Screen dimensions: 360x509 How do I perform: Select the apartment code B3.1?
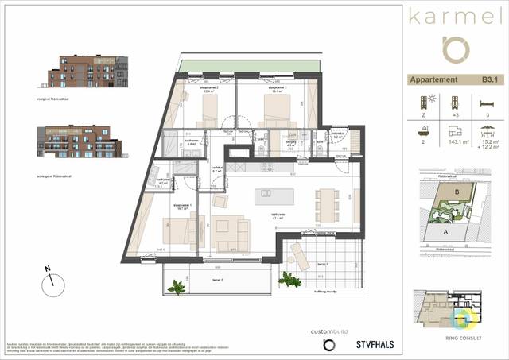491,79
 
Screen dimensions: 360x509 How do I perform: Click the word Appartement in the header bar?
433,79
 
